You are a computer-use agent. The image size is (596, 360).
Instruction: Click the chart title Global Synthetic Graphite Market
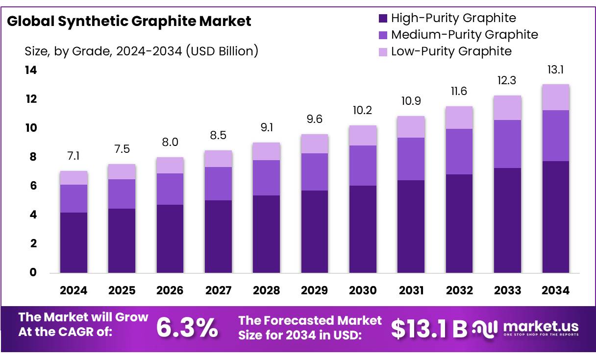pyautogui.click(x=129, y=22)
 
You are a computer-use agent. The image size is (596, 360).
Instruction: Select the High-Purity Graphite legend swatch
pyautogui.click(x=383, y=19)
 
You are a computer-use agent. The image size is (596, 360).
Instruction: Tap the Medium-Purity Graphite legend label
pyautogui.click(x=464, y=35)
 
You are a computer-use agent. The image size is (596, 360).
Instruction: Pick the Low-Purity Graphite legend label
pyautogui.click(x=451, y=51)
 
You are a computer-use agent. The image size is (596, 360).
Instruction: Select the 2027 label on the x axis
pyautogui.click(x=218, y=290)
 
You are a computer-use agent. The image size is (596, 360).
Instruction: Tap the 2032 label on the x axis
pyautogui.click(x=459, y=290)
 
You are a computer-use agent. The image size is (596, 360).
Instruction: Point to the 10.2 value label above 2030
pyautogui.click(x=363, y=111)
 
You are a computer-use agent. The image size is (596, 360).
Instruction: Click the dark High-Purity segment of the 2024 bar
pyautogui.click(x=74, y=242)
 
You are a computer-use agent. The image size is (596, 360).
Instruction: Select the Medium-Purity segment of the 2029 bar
pyautogui.click(x=315, y=172)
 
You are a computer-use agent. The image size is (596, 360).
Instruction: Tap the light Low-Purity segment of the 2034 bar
pyautogui.click(x=556, y=97)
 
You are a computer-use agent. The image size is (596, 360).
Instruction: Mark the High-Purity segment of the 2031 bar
pyautogui.click(x=411, y=226)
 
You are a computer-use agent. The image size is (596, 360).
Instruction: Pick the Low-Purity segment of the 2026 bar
pyautogui.click(x=170, y=166)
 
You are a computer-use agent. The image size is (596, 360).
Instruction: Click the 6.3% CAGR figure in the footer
pyautogui.click(x=187, y=328)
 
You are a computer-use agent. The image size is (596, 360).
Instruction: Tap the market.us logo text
pyautogui.click(x=541, y=326)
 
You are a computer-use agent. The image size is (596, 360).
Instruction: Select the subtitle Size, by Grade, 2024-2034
pyautogui.click(x=141, y=51)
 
